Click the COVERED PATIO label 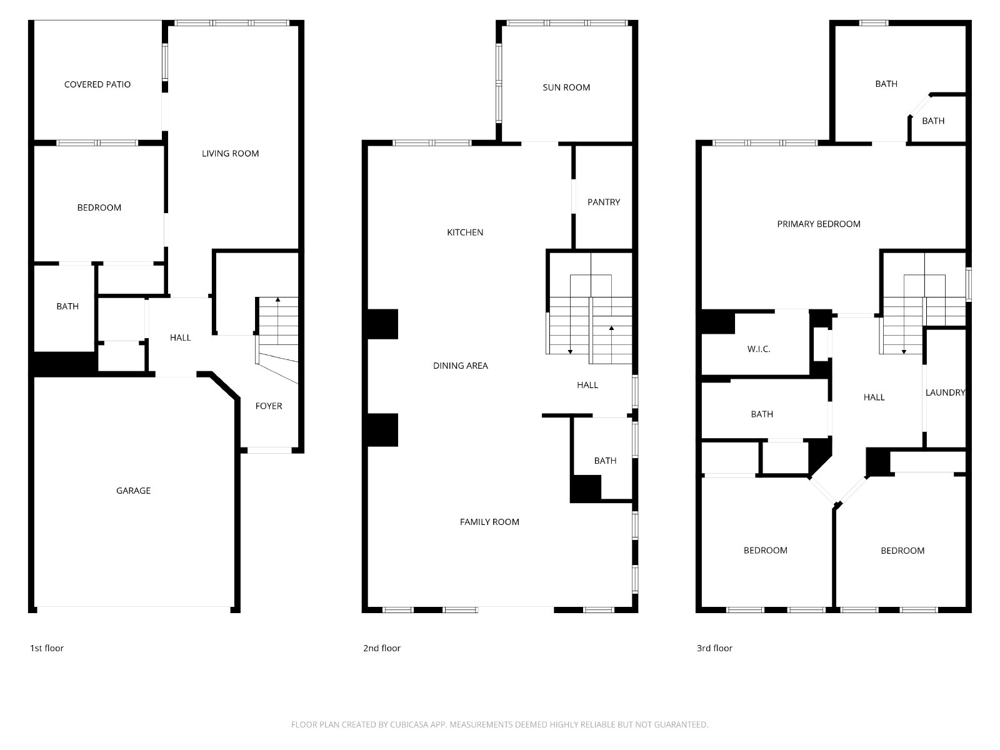tap(97, 84)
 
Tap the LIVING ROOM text tap(230, 154)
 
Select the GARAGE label tap(133, 491)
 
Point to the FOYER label tap(268, 406)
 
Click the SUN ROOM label tap(566, 87)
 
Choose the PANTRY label tap(603, 202)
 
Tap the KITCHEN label tap(465, 232)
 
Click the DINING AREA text tap(460, 365)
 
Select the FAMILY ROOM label tap(489, 522)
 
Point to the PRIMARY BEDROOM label tap(818, 224)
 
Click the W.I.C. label tap(759, 349)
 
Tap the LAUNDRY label tap(945, 392)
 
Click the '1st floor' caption tap(46, 648)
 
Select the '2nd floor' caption tap(381, 648)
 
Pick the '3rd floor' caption tap(714, 648)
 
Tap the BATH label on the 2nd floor tap(605, 461)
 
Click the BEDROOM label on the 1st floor tap(99, 207)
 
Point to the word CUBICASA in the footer tap(406, 724)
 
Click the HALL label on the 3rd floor tap(874, 397)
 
